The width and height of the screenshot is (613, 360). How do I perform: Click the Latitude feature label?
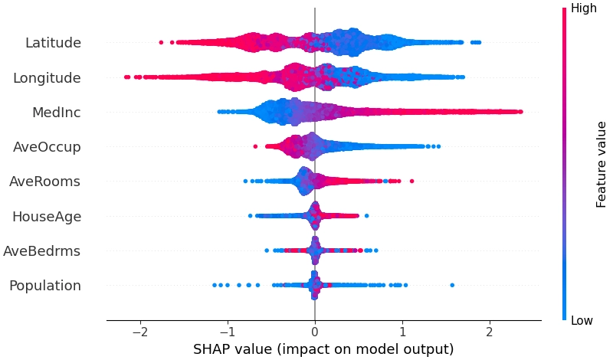tap(53, 43)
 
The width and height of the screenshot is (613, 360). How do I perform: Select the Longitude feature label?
tap(48, 77)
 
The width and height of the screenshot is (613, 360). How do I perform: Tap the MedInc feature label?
tap(56, 113)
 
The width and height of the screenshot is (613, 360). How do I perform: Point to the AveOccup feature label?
tap(47, 147)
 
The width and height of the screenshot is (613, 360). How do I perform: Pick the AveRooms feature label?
tap(45, 182)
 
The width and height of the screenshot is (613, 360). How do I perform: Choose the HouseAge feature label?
tap(47, 217)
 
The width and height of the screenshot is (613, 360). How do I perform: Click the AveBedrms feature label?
tap(42, 251)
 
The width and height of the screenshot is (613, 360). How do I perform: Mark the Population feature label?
tap(45, 286)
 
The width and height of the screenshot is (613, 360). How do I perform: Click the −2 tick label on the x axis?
tap(139, 334)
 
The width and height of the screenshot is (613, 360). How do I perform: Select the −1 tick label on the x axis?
tap(227, 334)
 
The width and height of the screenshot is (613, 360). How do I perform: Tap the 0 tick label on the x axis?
tap(315, 334)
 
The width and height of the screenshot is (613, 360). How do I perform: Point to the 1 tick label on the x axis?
tap(402, 334)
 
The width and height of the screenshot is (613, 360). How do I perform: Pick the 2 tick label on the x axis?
tap(490, 334)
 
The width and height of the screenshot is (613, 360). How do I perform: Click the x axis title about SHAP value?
tap(323, 349)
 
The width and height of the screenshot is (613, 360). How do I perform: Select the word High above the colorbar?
tap(584, 9)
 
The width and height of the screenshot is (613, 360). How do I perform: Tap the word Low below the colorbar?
tap(582, 321)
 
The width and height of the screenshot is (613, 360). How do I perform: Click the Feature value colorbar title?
tap(602, 164)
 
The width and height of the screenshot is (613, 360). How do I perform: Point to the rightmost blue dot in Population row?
tap(452, 285)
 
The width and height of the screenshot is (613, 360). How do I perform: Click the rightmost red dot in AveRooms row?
tap(411, 181)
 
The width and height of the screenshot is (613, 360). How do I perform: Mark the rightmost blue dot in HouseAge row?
tap(367, 216)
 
